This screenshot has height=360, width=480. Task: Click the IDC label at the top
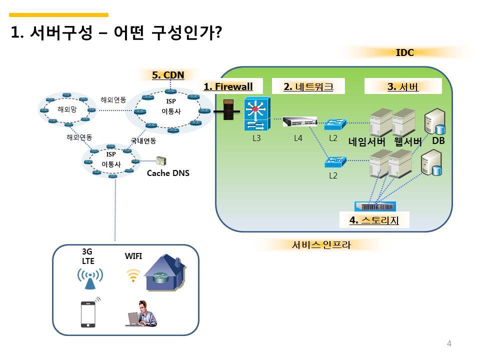pyautogui.click(x=404, y=52)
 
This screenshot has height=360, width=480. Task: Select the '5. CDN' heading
pyautogui.click(x=168, y=75)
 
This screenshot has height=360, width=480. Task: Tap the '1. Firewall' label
pyautogui.click(x=228, y=86)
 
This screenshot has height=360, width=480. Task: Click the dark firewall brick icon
pyautogui.click(x=228, y=110)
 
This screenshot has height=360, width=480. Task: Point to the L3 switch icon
pyautogui.click(x=257, y=114)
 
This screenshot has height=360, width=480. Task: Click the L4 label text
pyautogui.click(x=298, y=138)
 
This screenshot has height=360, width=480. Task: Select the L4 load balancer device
pyautogui.click(x=299, y=121)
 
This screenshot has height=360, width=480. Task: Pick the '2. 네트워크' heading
pyautogui.click(x=308, y=86)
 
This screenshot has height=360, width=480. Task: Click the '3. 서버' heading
pyautogui.click(x=402, y=86)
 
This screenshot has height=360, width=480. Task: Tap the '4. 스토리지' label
pyautogui.click(x=374, y=220)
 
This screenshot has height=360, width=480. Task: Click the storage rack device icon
pyautogui.click(x=375, y=206)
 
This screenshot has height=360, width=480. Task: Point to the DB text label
pyautogui.click(x=438, y=140)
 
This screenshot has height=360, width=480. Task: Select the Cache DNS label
pyautogui.click(x=168, y=173)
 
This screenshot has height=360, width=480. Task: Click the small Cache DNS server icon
pyautogui.click(x=161, y=160)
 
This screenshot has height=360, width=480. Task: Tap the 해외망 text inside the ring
pyautogui.click(x=67, y=109)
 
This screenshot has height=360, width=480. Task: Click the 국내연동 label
pyautogui.click(x=143, y=140)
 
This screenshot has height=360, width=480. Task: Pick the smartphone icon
pyautogui.click(x=88, y=314)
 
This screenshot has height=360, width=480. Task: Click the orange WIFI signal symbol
pyautogui.click(x=133, y=275)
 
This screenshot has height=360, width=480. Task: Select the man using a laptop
pyautogui.click(x=141, y=313)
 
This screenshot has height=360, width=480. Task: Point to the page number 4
pyautogui.click(x=449, y=343)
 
